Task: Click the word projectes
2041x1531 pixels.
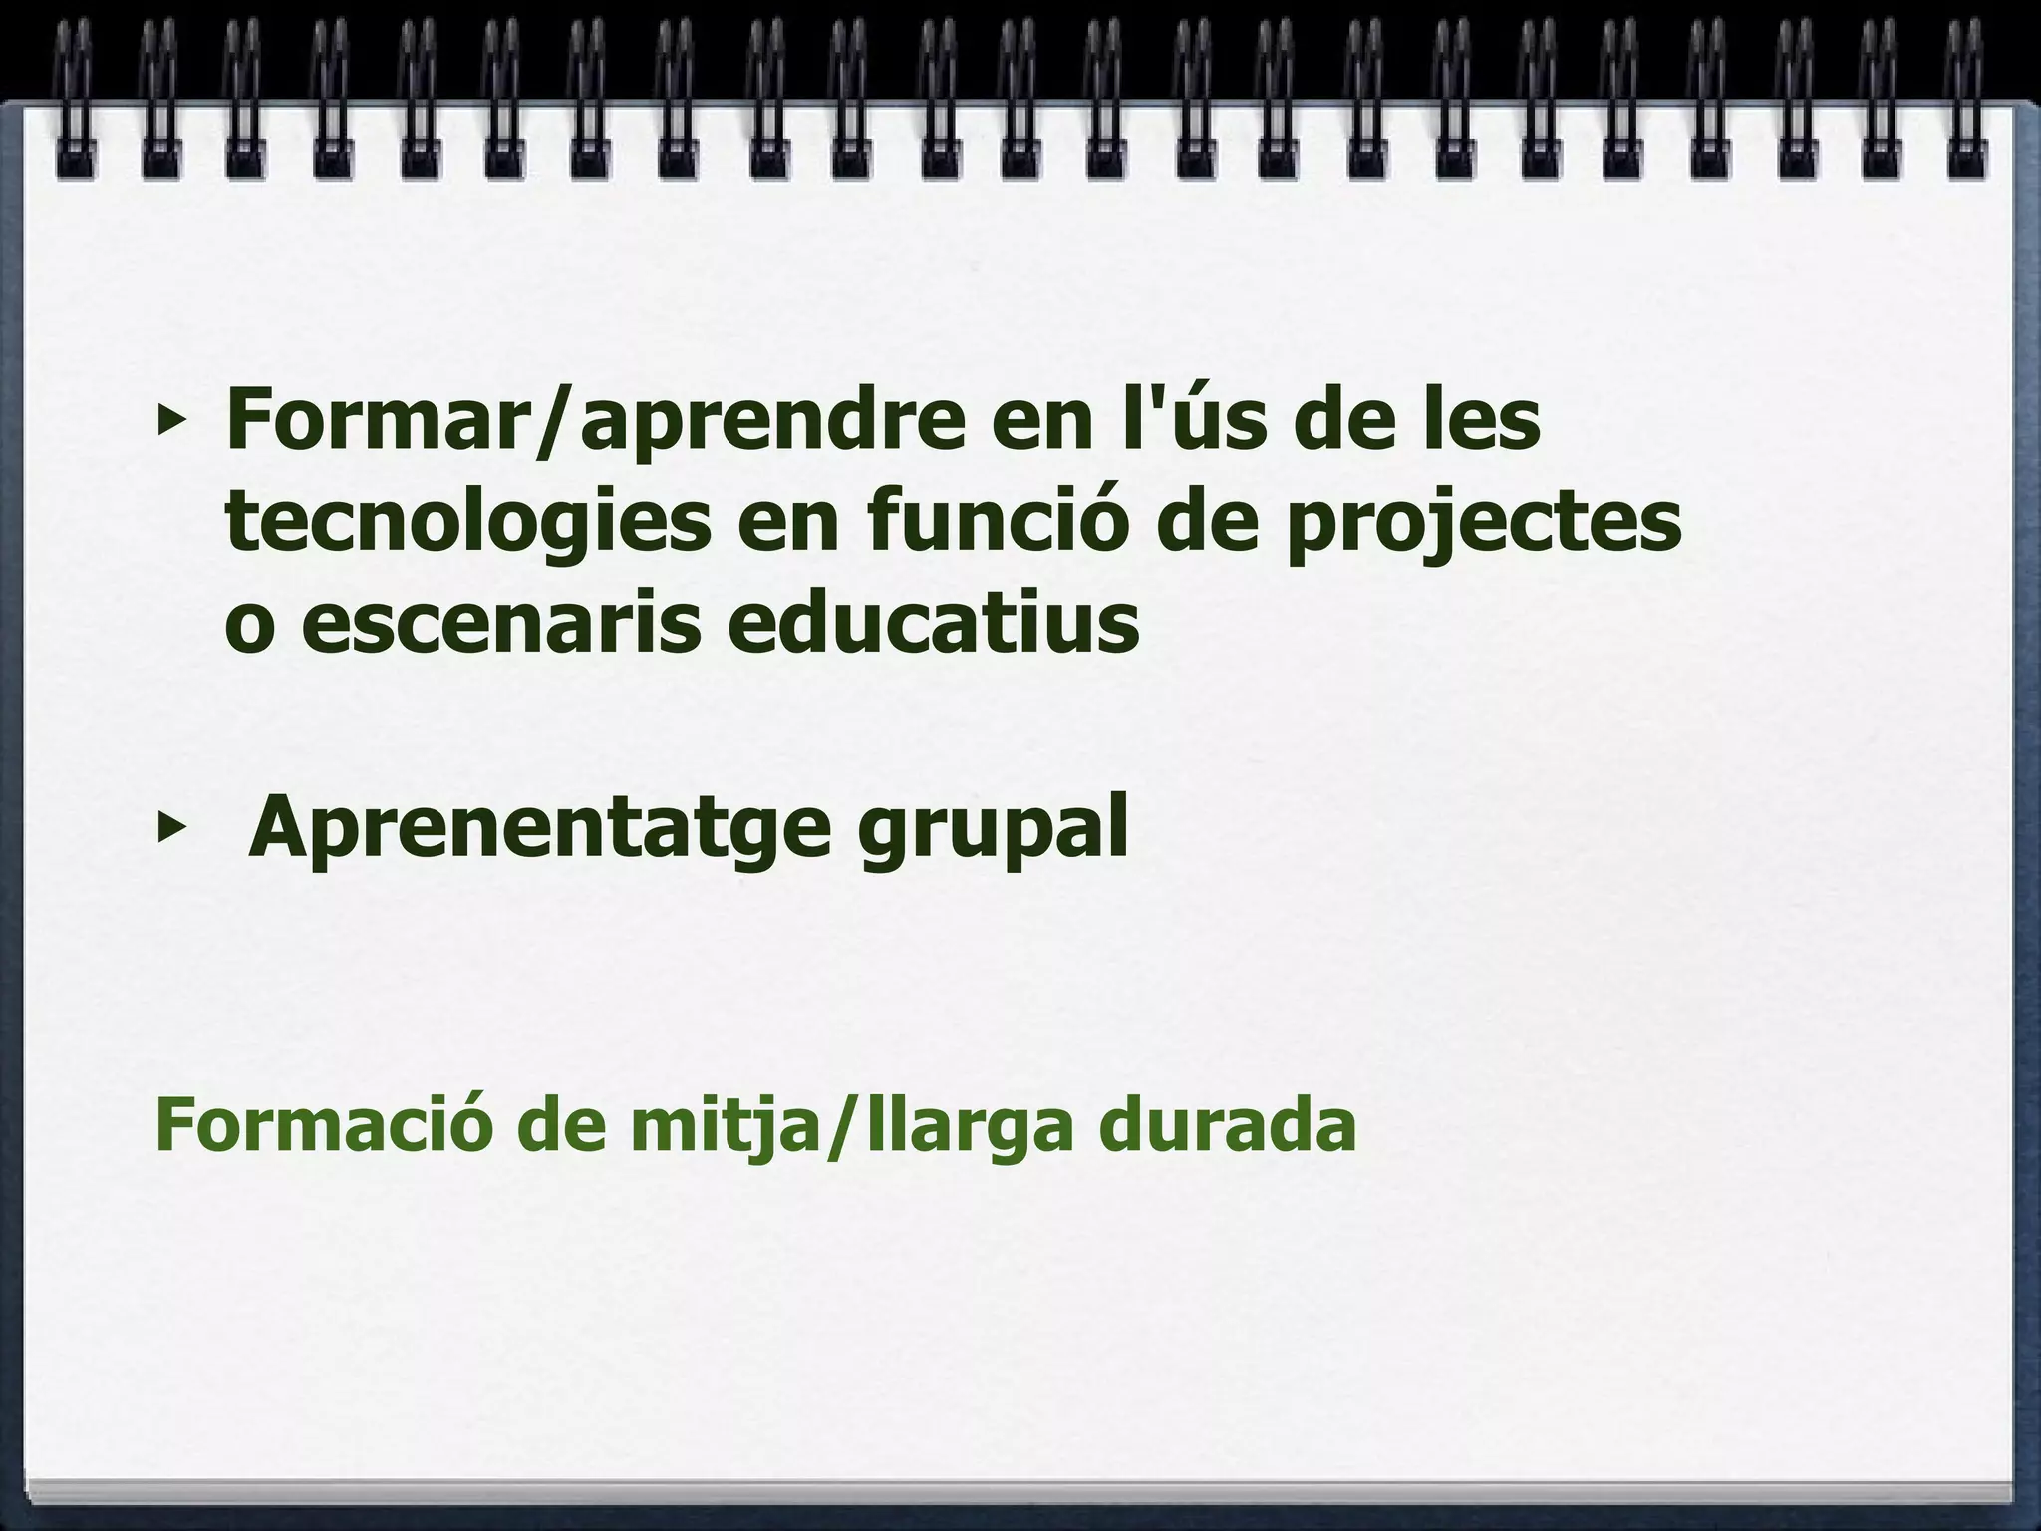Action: click(x=1483, y=526)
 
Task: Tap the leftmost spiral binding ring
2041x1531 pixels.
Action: click(x=75, y=100)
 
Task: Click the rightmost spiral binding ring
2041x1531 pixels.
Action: click(x=1963, y=100)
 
